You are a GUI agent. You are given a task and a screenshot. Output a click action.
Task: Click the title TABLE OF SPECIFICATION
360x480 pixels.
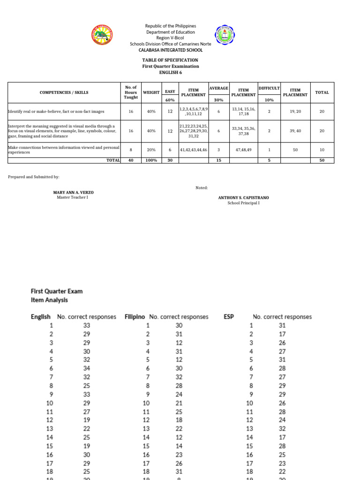tap(171, 60)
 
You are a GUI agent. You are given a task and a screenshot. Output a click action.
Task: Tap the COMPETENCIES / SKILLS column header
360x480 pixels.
tap(64, 92)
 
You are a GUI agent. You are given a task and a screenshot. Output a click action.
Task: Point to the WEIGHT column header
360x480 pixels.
tap(151, 92)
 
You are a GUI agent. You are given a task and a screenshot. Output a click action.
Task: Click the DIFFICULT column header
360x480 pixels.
tap(269, 88)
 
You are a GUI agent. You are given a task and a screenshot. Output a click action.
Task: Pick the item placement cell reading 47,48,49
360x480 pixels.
tap(243, 150)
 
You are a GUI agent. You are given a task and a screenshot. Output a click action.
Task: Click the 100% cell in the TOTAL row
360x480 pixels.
tap(151, 160)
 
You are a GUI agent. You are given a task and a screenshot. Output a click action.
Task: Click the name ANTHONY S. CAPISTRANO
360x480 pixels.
tap(243, 198)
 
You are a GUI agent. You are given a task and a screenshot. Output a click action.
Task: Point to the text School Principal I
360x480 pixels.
tap(243, 203)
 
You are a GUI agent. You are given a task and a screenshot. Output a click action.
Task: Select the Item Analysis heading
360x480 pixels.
tap(49, 300)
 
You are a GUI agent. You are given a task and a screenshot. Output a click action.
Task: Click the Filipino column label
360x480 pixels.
tap(135, 316)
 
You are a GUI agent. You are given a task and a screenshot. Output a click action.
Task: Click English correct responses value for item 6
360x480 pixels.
tap(87, 368)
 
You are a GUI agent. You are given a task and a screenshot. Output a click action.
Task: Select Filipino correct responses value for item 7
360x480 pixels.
tap(179, 376)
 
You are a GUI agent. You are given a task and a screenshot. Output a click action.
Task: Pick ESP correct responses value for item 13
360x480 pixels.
tap(282, 428)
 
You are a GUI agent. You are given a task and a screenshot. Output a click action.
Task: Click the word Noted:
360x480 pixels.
tap(202, 187)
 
